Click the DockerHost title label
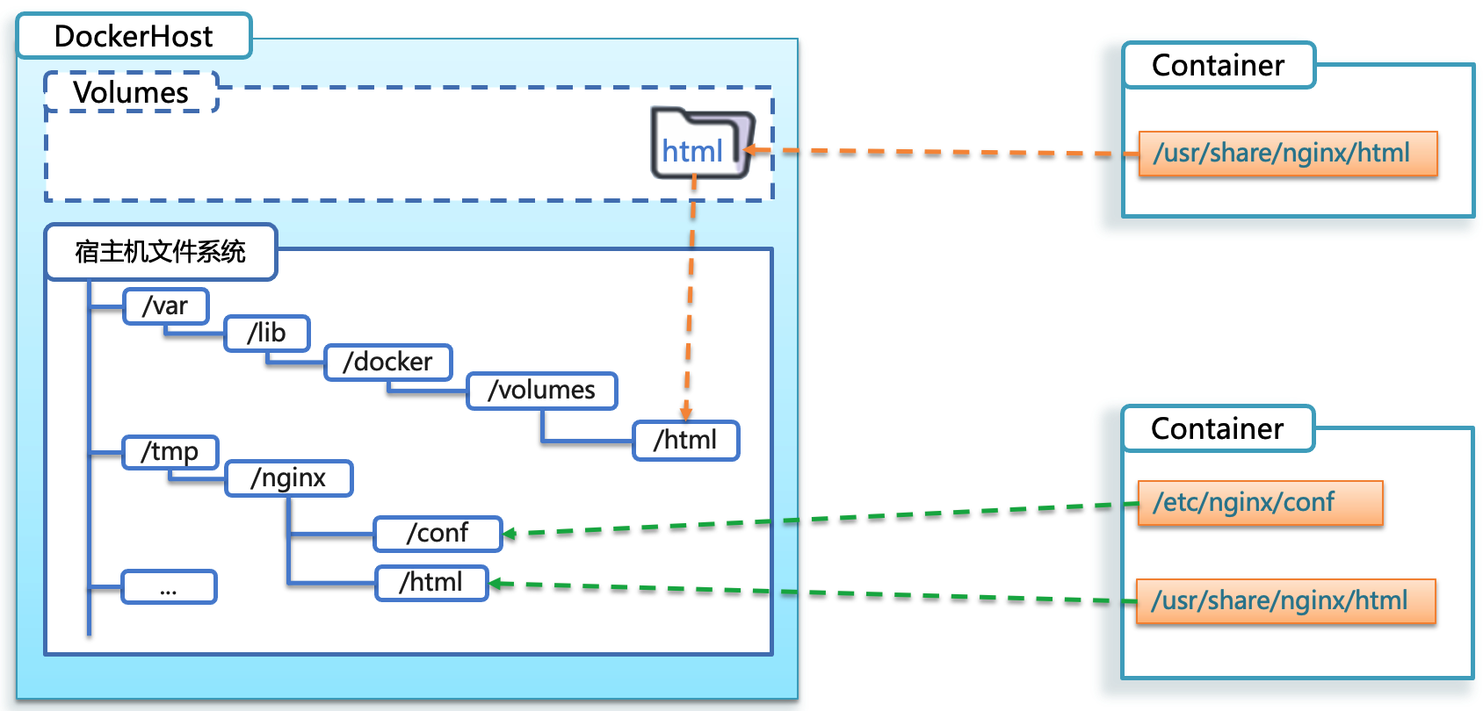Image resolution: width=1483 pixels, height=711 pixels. click(134, 36)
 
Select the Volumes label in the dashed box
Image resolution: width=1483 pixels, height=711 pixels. click(131, 92)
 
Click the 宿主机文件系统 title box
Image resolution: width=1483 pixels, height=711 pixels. click(161, 252)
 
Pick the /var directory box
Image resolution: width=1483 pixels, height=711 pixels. click(166, 306)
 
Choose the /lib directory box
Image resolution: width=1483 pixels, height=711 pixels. click(267, 334)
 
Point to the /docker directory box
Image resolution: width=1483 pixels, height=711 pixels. click(388, 362)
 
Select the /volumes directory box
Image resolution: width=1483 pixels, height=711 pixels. click(542, 390)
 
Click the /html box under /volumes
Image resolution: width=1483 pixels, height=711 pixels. click(686, 440)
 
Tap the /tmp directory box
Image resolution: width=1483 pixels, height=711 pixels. click(170, 452)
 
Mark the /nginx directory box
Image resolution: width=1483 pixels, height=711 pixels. click(289, 478)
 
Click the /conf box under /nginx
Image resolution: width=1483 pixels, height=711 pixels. click(438, 534)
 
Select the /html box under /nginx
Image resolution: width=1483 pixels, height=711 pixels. click(431, 583)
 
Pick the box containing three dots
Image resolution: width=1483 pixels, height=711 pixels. click(169, 587)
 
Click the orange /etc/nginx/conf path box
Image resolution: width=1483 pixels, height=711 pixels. click(1260, 503)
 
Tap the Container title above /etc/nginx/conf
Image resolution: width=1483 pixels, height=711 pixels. click(1218, 428)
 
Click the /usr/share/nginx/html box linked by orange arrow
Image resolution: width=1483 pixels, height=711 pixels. click(1288, 154)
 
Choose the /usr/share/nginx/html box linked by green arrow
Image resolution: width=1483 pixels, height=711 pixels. click(1285, 601)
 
